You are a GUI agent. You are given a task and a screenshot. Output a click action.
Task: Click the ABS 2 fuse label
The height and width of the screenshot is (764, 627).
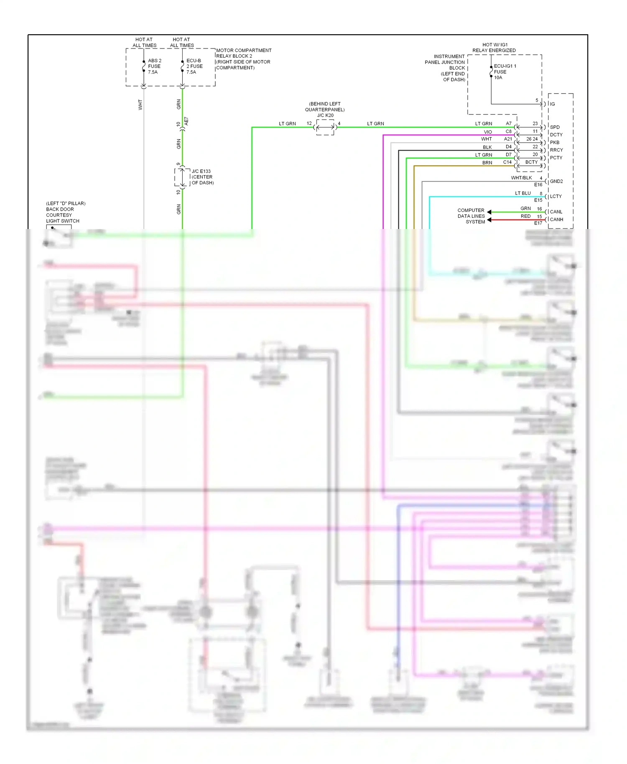[154, 66]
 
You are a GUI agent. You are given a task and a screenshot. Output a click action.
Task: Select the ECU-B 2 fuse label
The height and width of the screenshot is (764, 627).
[194, 66]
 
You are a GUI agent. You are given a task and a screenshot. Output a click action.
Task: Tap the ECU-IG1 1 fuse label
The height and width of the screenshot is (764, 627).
[504, 71]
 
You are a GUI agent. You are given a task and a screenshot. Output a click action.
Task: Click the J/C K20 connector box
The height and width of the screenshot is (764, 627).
[325, 127]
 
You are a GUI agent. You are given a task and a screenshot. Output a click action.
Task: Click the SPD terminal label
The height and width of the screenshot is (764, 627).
[555, 127]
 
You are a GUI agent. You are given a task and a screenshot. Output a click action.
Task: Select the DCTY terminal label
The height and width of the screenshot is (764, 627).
[556, 135]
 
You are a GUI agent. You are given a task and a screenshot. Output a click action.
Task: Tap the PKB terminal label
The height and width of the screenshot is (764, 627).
[554, 143]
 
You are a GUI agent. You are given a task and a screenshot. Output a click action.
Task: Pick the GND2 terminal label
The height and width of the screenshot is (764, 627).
[556, 181]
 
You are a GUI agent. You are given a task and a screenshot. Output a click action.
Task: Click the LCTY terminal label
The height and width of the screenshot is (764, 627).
[556, 196]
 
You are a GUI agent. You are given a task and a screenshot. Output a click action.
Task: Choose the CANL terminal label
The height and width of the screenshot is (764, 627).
[556, 212]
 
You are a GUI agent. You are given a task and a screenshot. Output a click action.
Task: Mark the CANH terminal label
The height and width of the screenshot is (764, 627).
[556, 219]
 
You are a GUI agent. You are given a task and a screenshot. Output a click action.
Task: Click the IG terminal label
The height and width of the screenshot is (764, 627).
[552, 104]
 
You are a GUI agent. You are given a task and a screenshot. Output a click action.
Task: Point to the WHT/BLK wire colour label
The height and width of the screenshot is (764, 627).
[521, 178]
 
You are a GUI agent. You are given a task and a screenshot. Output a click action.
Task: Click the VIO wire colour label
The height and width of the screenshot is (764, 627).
[488, 132]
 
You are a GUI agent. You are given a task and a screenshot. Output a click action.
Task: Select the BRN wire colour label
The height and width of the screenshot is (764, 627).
[487, 163]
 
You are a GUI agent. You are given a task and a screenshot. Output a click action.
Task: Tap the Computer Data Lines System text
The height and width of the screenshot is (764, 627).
[471, 216]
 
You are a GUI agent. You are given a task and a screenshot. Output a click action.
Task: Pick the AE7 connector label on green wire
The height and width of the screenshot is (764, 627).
[186, 121]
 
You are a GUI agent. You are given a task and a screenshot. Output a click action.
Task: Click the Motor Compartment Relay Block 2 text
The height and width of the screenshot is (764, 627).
[243, 59]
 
